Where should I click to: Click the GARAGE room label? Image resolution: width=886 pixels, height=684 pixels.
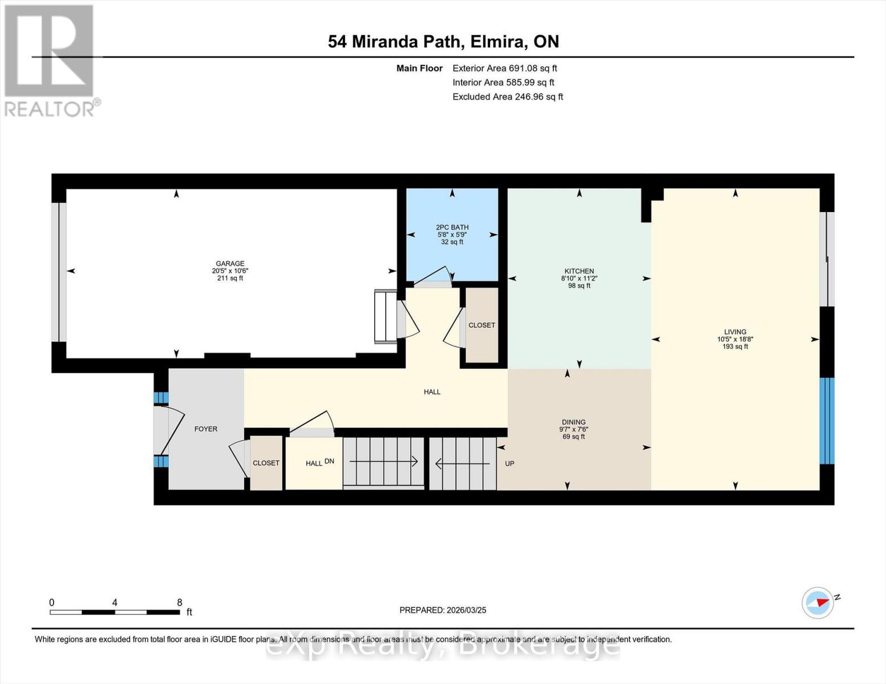pos(230,264)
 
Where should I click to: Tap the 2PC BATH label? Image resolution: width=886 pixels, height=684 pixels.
pos(452,227)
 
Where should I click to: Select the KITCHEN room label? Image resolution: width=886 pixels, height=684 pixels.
pos(579,271)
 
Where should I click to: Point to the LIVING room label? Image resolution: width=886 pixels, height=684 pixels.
pos(735,332)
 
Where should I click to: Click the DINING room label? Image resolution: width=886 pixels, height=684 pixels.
pos(573,422)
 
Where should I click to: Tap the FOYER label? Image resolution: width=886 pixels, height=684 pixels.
pos(205,429)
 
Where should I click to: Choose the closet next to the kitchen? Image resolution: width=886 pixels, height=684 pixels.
pos(482,325)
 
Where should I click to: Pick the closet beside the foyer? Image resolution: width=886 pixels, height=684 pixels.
pos(266,463)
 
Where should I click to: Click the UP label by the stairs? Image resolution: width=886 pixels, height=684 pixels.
pos(509,463)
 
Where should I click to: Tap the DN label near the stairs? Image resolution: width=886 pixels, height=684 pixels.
pos(329,461)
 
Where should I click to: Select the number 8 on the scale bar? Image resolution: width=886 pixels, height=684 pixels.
pos(179,602)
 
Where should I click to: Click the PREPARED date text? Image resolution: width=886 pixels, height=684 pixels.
pos(443,610)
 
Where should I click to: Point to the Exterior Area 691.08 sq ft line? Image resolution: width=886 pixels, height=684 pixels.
pos(504,68)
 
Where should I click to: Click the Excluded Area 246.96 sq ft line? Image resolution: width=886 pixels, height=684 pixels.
pos(507,97)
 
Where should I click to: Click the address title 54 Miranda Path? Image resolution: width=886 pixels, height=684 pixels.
pos(443,42)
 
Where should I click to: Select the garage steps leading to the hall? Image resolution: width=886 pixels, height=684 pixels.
pos(385,316)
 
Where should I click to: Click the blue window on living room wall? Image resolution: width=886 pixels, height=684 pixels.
pos(827,421)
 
